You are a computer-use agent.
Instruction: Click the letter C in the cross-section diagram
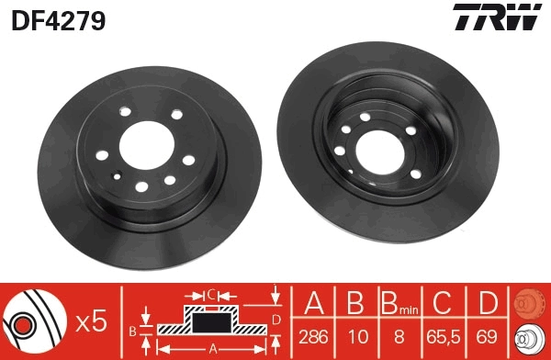(210, 295)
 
